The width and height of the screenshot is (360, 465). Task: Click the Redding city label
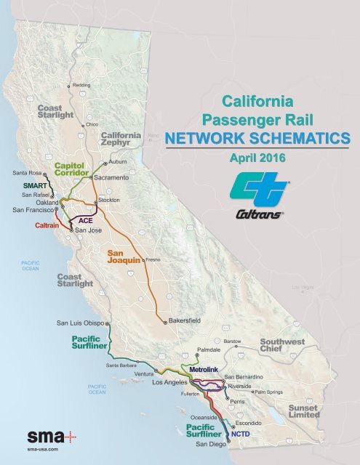point(81,86)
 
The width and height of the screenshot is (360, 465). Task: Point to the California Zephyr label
point(121,140)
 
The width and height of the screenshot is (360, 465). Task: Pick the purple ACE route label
point(85,219)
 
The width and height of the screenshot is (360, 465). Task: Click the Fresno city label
point(153,259)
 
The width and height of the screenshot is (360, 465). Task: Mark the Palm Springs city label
point(269,392)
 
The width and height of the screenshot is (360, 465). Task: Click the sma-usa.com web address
point(43,451)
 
